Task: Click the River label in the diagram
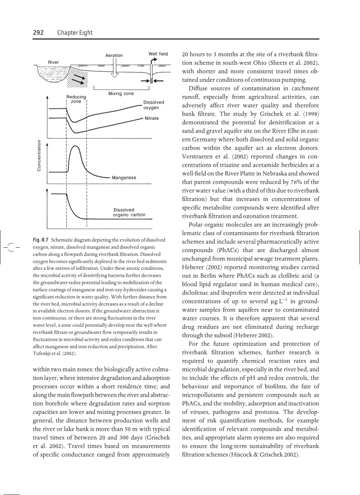(x=53, y=62)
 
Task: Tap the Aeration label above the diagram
(x=114, y=56)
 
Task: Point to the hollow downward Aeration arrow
(x=114, y=71)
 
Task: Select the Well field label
(x=158, y=54)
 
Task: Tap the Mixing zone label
(x=120, y=93)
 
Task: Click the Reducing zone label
(x=76, y=99)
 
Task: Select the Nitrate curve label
(x=151, y=119)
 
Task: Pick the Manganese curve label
(x=124, y=178)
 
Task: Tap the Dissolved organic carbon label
(x=129, y=212)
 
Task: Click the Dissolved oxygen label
(x=153, y=105)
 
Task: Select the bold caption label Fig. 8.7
(x=41, y=240)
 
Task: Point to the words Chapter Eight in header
(x=75, y=33)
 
